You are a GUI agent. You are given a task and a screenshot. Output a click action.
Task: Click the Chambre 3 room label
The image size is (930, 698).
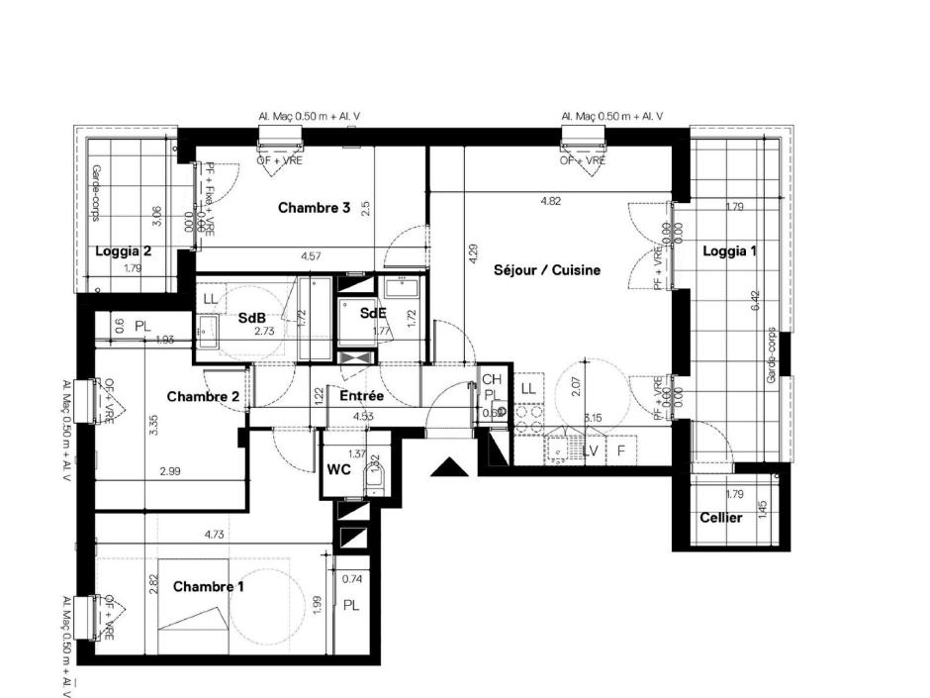315,208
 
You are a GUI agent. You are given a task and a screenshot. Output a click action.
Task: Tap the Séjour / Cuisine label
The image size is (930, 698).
547,269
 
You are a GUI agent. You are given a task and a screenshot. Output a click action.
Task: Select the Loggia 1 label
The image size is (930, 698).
729,251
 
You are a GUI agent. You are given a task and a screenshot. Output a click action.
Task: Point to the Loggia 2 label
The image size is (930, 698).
124,251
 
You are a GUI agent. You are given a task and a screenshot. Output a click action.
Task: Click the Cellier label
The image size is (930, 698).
721,518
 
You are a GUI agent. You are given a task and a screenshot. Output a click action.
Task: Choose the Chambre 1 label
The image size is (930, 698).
209,587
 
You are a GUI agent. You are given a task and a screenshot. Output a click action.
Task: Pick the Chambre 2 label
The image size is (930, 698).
203,397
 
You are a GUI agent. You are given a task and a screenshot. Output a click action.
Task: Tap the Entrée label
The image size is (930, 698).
361,396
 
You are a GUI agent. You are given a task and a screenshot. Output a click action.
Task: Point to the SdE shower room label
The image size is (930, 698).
373,313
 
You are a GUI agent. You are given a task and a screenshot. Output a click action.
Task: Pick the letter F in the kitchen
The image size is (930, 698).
621,451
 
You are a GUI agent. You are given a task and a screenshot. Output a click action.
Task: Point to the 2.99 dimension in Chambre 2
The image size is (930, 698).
169,472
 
